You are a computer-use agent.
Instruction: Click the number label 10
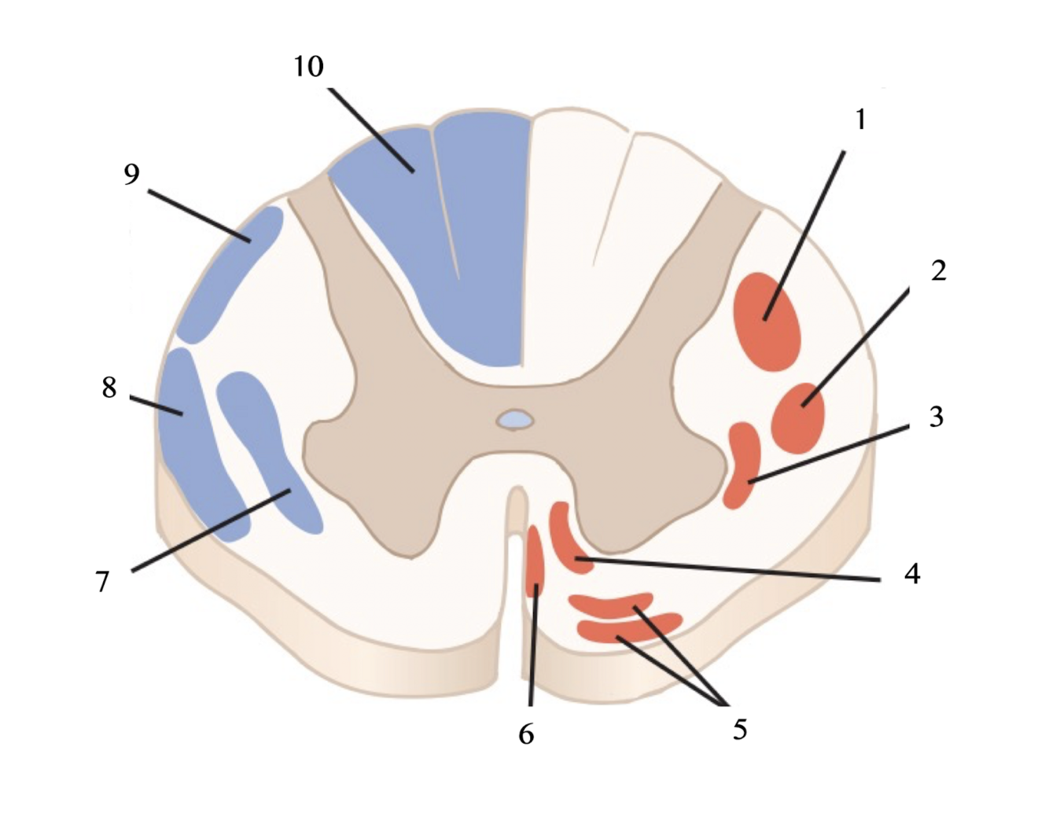309,67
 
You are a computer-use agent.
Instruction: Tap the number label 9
131,174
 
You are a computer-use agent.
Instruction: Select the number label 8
109,387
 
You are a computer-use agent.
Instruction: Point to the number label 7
102,582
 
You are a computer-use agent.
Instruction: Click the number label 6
526,734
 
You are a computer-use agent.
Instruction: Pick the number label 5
739,729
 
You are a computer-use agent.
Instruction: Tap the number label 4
911,574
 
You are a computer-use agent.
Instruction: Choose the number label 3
936,417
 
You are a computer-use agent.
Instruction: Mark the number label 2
938,270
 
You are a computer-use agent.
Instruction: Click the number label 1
860,120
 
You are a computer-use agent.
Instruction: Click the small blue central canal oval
515,420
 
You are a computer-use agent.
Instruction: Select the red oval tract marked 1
767,321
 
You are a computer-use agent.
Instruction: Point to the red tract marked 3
742,464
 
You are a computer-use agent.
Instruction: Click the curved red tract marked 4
568,539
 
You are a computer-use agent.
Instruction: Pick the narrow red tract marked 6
535,562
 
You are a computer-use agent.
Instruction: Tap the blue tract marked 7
267,448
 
